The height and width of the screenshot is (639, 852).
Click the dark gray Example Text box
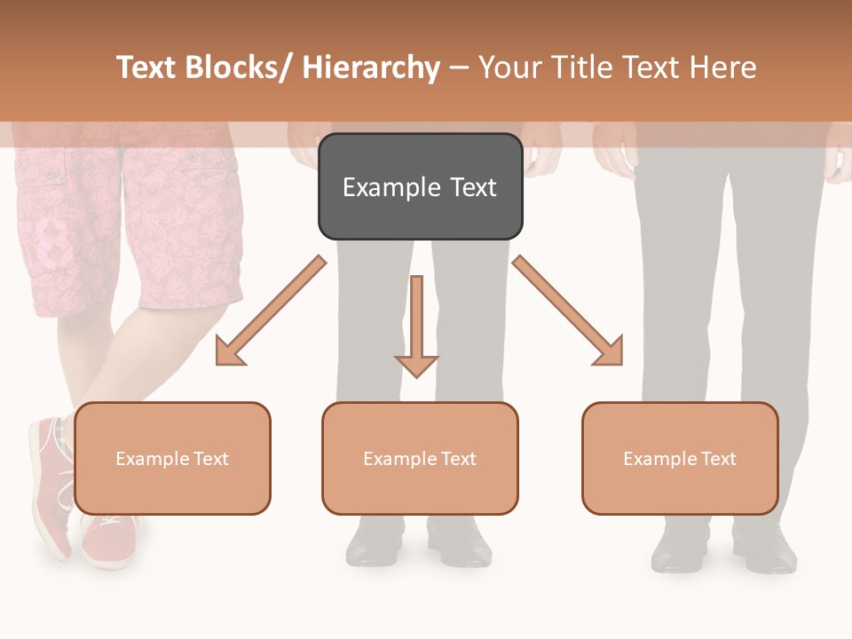coord(420,186)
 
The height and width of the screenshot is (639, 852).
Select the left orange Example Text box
coord(172,458)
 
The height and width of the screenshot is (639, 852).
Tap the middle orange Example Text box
coord(420,458)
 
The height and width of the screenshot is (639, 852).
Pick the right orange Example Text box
coord(680,458)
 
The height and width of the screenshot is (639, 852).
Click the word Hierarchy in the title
coord(371,68)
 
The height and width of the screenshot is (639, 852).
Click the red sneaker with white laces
coord(53,479)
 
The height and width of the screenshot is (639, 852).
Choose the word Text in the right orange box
coord(717,458)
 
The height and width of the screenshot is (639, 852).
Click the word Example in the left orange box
coord(151,459)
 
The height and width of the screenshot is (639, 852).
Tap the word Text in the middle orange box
coord(458,458)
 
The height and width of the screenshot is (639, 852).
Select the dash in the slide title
coord(459,68)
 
